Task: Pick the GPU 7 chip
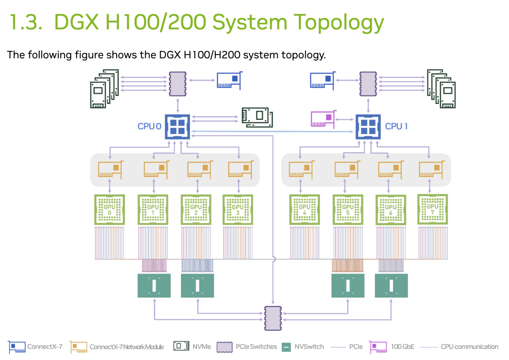[x=432, y=209]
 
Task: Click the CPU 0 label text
[x=149, y=126]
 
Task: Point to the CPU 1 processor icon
[x=368, y=126]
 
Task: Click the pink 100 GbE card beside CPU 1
[x=323, y=119]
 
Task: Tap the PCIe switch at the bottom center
[x=273, y=318]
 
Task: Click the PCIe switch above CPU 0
[x=178, y=84]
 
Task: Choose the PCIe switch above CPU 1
[x=368, y=84]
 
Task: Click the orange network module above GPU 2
[x=200, y=169]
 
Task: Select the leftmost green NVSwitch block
[x=154, y=286]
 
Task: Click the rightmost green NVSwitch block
[x=391, y=286]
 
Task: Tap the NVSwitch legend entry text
[x=309, y=347]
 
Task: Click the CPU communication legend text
[x=469, y=347]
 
